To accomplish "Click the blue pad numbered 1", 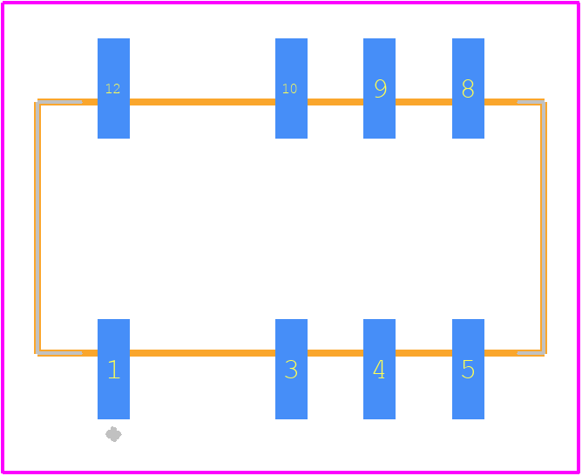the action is [x=113, y=369].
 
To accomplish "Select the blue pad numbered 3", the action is [x=291, y=369].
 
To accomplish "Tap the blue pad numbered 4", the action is [x=379, y=369].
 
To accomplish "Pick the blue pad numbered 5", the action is [x=468, y=369].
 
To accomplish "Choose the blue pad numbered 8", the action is [x=468, y=88].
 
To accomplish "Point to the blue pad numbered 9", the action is [x=379, y=88].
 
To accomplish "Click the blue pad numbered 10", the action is [x=291, y=88].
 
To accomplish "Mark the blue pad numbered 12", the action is [x=113, y=88].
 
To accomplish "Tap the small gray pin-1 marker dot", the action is [x=113, y=434].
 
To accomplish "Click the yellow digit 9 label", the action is [x=381, y=88].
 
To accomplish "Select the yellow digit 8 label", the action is [x=468, y=88].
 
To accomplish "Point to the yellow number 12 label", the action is [x=113, y=88].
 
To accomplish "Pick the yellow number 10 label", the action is [x=290, y=88].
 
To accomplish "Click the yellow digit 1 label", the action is [x=114, y=370].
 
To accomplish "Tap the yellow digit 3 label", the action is [x=291, y=370].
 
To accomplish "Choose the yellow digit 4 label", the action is [x=379, y=370].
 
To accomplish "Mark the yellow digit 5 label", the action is [x=468, y=370].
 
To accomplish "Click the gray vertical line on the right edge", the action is [x=543, y=228].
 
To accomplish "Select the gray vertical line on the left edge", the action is [x=37, y=228].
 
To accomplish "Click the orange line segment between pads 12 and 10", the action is [x=202, y=102].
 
